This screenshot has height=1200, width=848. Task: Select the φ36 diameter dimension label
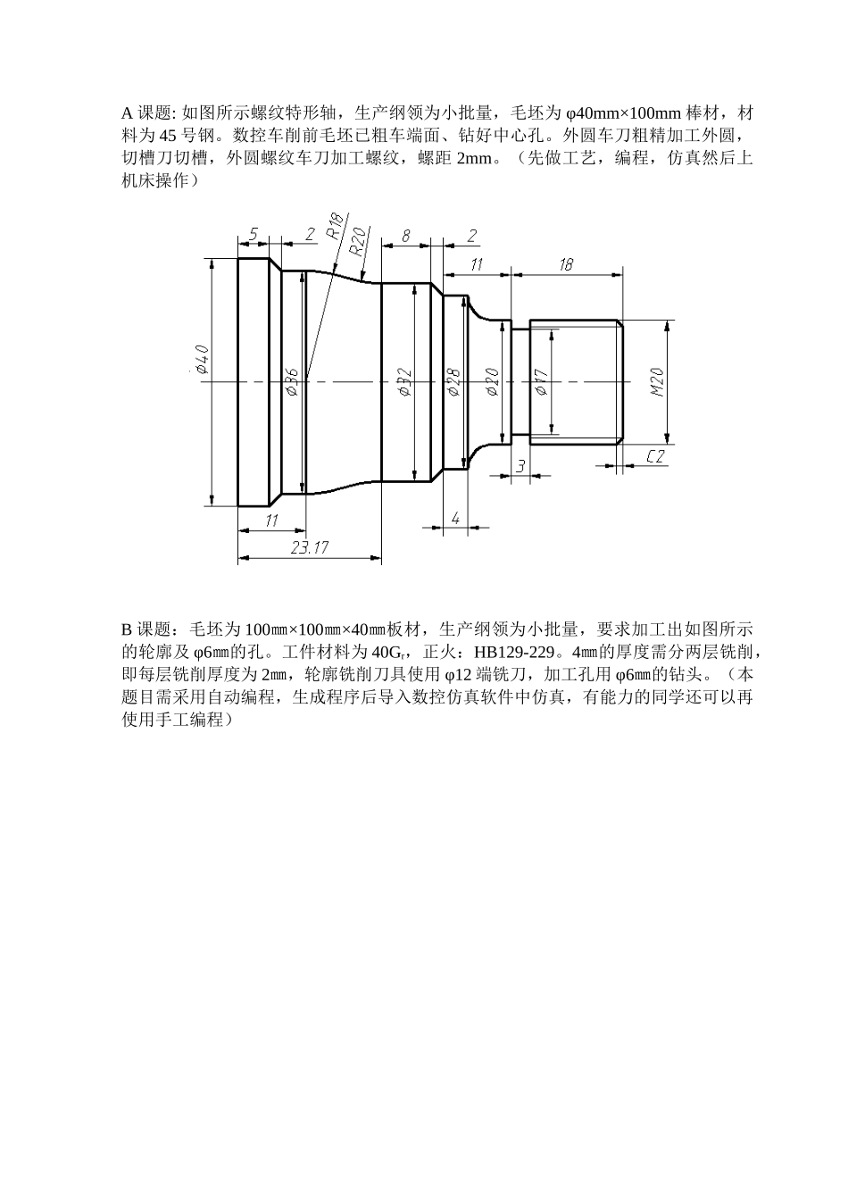pos(291,379)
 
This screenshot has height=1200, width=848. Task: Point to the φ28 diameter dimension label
pos(453,383)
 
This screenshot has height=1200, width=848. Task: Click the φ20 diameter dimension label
pos(491,381)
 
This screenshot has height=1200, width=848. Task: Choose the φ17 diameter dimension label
pos(539,382)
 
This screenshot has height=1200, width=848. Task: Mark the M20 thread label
pos(658,381)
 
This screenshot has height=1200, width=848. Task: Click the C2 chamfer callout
pos(656,457)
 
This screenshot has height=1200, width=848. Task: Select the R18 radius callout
pos(334,227)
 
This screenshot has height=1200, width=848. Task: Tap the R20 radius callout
pos(359,242)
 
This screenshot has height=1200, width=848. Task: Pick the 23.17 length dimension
pos(310,548)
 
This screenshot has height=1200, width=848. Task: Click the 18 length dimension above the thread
pos(565,264)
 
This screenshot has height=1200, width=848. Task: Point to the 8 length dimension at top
pos(405,236)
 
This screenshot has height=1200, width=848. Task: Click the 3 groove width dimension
pos(520,466)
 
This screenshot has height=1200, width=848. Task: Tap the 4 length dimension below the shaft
pos(455,518)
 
